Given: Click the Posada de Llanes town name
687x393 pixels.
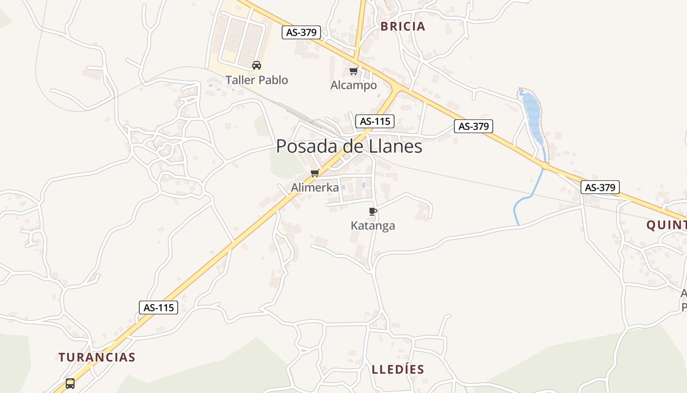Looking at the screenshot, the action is [x=349, y=146].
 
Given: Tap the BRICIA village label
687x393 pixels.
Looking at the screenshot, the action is [x=403, y=27].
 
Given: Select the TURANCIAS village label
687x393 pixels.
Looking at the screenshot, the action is [x=97, y=357].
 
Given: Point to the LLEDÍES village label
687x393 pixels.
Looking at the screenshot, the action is [x=397, y=369].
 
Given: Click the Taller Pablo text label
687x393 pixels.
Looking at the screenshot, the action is [x=257, y=80].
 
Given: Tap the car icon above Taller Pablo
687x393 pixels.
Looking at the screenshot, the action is [x=256, y=65].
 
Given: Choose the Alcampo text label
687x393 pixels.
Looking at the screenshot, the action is [x=353, y=85].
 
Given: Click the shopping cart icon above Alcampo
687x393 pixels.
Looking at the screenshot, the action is [x=353, y=71].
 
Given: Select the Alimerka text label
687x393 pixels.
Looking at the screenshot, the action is [x=315, y=187].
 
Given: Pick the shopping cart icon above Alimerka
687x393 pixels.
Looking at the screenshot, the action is [x=315, y=173].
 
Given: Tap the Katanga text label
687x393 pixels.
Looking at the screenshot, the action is [x=372, y=225].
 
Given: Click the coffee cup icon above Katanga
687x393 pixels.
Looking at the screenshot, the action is [x=372, y=211].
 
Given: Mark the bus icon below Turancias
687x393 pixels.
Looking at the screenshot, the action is [x=70, y=383].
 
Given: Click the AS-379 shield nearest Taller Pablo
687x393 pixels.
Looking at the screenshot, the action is [x=302, y=32].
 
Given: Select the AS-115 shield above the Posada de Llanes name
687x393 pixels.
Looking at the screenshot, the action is [x=375, y=121].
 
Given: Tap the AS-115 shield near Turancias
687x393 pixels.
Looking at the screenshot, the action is [x=158, y=308].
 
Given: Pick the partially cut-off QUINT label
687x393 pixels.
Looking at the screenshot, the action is [x=666, y=225].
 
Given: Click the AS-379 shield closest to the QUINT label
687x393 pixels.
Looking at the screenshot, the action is [x=600, y=187].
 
